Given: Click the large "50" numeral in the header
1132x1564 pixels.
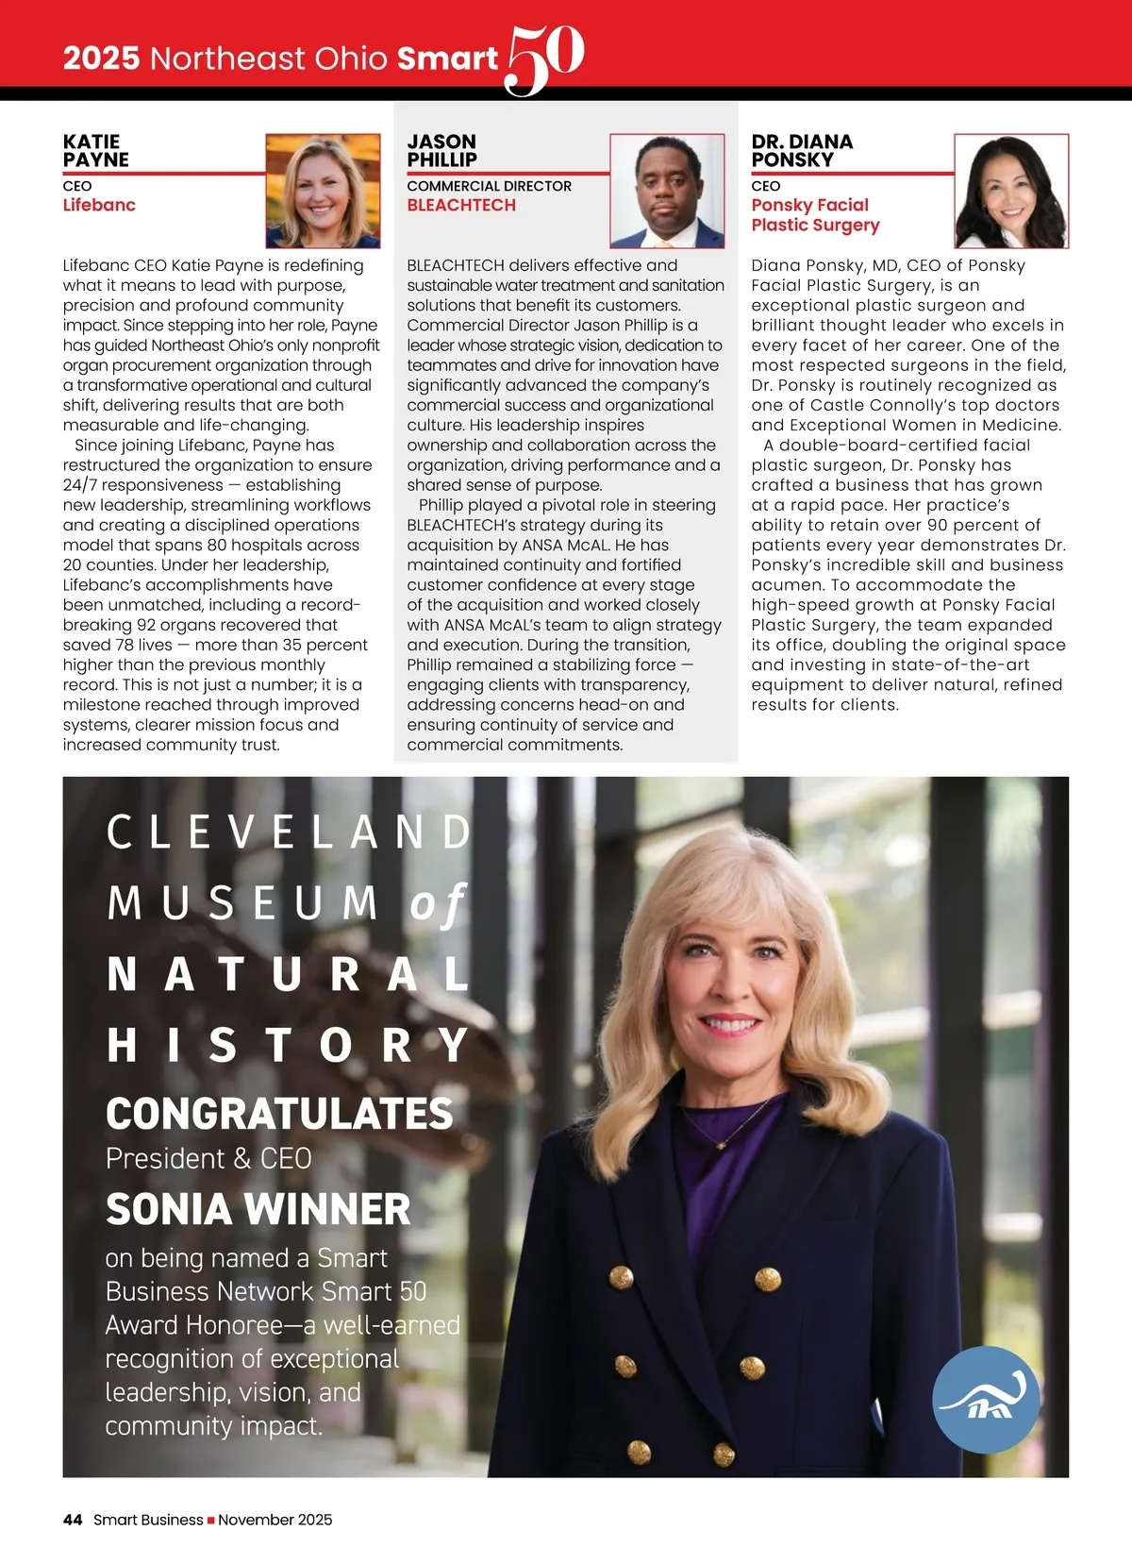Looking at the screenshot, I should coord(545,59).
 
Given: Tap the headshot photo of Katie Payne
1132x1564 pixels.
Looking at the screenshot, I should coord(323,191).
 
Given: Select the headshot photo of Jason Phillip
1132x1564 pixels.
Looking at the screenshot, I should coord(667,191).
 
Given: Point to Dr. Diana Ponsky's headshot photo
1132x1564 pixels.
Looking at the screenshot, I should coord(1011,191).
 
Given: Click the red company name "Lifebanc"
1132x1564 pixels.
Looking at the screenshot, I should coord(99,205).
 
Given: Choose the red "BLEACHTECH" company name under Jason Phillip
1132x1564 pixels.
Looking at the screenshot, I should coord(461,205).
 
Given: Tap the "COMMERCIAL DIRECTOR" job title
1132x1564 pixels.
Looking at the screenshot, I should coord(489,186).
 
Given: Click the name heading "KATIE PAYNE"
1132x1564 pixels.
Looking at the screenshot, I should coord(95,151).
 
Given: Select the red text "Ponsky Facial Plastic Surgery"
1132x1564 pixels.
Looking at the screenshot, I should coord(815,215).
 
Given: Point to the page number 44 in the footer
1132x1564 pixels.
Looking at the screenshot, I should coord(73,1520).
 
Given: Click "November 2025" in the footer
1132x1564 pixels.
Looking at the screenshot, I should coord(275,1520).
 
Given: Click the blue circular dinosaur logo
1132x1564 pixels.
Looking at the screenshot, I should coord(986,1399).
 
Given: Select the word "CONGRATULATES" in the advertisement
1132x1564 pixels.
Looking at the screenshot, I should coord(279,1114).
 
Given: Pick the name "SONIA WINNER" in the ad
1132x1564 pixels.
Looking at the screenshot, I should coord(258,1209).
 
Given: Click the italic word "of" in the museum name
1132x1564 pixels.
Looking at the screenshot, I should coord(438,904).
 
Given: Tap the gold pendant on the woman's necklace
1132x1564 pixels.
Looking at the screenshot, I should coord(721,1144).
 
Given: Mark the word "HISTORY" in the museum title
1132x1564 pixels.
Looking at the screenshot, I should coord(288,1045).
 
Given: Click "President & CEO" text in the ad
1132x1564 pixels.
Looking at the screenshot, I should coord(208,1158).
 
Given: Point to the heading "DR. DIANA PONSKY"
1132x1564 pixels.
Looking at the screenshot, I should coord(802,151).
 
